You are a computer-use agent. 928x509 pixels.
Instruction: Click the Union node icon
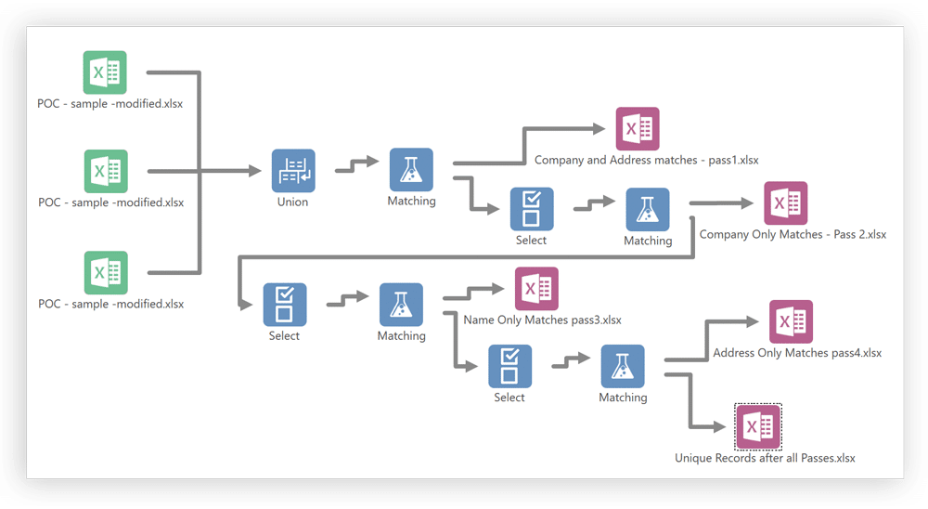(293, 171)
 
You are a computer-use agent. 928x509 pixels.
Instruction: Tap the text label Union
(292, 202)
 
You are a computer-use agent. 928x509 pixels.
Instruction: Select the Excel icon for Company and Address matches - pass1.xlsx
(638, 129)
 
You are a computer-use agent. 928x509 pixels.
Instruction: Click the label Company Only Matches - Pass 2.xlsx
(793, 234)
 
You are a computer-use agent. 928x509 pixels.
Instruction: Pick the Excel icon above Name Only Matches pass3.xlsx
(536, 289)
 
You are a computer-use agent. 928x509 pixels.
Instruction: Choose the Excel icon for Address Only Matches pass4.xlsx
(791, 321)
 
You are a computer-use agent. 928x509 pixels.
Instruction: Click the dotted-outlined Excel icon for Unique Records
(758, 426)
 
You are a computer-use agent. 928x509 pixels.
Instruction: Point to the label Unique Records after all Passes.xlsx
(765, 458)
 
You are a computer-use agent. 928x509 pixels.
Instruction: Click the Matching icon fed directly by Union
(411, 170)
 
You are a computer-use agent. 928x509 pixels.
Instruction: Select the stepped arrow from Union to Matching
(357, 164)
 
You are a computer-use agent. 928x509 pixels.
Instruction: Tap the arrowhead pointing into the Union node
(255, 171)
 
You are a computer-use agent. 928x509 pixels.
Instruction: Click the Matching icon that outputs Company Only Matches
(648, 210)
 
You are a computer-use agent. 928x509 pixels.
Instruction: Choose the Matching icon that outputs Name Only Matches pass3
(401, 305)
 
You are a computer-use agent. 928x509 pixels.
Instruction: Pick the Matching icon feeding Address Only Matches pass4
(623, 367)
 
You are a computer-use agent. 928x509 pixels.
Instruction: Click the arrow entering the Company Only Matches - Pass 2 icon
(742, 202)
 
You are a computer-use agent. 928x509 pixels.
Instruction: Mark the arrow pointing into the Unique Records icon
(716, 426)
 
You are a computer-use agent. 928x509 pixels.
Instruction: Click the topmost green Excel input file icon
(105, 72)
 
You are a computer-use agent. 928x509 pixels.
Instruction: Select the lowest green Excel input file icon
(106, 272)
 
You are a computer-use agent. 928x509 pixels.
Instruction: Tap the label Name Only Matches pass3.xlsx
(542, 320)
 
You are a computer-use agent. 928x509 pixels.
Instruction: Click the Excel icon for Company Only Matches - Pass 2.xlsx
(785, 203)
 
